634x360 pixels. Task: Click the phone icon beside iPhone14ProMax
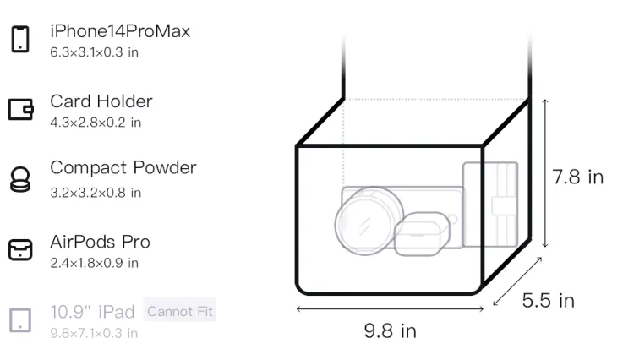[20, 39]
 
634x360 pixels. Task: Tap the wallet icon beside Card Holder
[20, 109]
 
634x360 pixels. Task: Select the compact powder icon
[19, 179]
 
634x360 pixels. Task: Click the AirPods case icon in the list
[20, 249]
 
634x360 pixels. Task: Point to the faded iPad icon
[20, 319]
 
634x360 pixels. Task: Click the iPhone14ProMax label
[120, 31]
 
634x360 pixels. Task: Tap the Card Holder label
[101, 101]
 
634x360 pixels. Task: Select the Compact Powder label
[123, 167]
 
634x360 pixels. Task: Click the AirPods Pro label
[100, 242]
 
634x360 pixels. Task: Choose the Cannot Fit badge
[180, 312]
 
